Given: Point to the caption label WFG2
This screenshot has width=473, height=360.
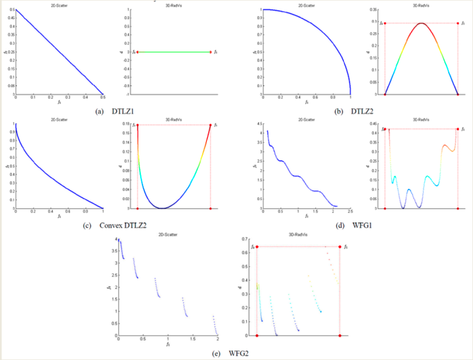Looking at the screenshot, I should click(238, 353).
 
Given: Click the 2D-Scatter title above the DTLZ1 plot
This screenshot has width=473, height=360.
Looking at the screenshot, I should click(59, 5).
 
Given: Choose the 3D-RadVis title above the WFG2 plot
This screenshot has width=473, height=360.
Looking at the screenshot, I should click(299, 235).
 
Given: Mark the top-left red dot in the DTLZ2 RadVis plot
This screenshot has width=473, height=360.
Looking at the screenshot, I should click(385, 23).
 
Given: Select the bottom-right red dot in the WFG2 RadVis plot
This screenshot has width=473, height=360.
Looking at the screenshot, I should click(339, 336).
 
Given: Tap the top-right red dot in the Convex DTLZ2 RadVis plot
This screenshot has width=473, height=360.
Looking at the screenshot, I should click(211, 125).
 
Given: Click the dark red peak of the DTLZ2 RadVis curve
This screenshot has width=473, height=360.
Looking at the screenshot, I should click(421, 23).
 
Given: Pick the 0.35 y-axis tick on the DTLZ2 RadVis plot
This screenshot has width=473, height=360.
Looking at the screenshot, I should click(375, 10).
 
